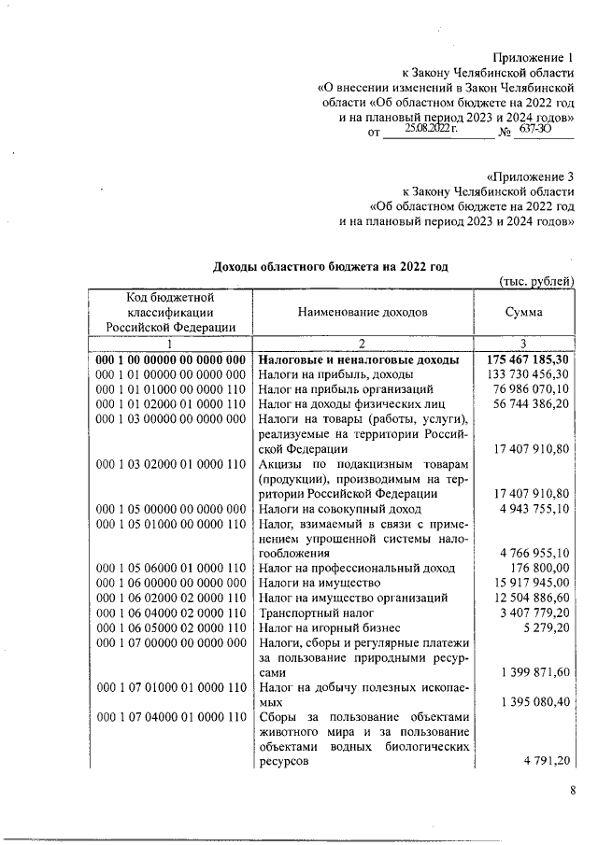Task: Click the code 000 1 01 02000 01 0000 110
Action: (x=170, y=403)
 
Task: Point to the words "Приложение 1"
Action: (x=533, y=58)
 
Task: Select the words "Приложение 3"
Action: (x=531, y=176)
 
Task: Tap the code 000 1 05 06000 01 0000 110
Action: (x=170, y=568)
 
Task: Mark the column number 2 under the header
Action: (x=363, y=344)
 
